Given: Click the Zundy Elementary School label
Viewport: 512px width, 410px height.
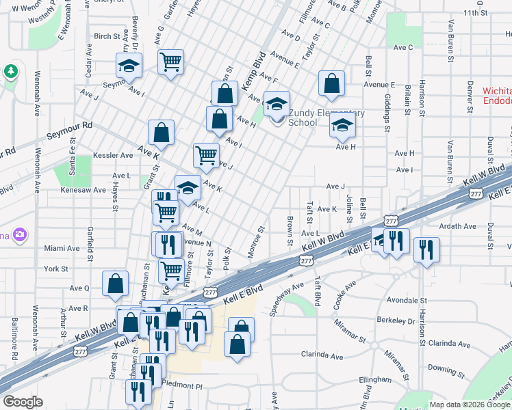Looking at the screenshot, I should coord(327,118).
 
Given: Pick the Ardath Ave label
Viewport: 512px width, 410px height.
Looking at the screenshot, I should coord(459,226).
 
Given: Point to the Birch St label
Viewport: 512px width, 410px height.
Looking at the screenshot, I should coord(107,36).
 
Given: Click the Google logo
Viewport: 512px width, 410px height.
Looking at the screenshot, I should coord(23,402).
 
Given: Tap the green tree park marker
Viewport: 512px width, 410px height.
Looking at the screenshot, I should coord(11,71).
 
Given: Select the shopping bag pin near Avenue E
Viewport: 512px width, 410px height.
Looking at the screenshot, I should coord(331,84).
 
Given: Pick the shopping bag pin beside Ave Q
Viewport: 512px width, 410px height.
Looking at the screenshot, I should coord(115,284).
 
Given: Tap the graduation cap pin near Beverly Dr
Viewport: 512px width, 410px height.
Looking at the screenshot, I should coord(128,66).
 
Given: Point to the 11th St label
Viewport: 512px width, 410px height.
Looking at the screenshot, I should coord(474,13).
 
